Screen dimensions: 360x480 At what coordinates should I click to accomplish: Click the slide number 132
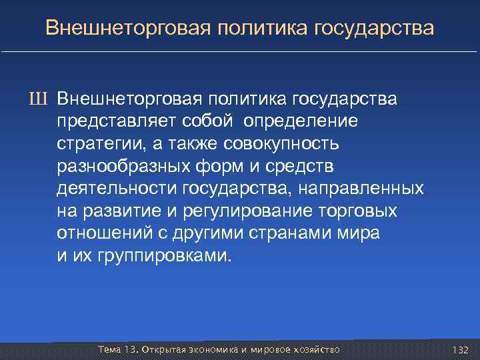pos(461,349)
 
